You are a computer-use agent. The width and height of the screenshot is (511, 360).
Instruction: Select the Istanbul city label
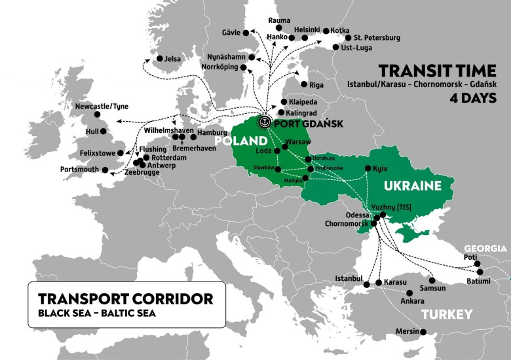pos(348,278)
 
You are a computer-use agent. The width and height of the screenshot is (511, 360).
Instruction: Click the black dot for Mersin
pos(423,332)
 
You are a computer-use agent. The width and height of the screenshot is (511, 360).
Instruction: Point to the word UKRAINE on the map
pos(413,187)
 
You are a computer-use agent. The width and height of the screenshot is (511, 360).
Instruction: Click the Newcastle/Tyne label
pos(102,106)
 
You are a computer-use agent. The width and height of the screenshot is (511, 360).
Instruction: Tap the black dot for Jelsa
pos(159,59)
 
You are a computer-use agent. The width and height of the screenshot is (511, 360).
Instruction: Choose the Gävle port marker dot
pos(246,32)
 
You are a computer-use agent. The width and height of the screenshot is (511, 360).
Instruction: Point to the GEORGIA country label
pos(485,248)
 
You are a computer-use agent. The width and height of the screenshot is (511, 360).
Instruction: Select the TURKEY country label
pos(447,315)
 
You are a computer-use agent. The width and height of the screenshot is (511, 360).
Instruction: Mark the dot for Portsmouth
pos(104,170)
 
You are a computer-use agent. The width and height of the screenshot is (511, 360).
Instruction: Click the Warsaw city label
pos(299,142)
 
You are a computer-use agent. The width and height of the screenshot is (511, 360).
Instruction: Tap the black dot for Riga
pos(303,84)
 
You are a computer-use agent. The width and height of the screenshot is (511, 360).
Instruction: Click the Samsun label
pos(433,287)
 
